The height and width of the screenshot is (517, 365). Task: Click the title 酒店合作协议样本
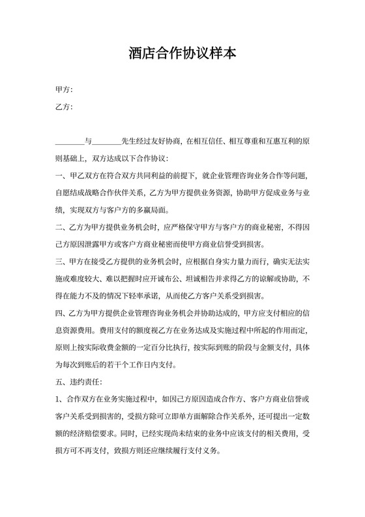click(182, 53)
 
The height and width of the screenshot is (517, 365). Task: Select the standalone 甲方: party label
click(63, 89)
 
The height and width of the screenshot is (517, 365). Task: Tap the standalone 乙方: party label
click(63, 107)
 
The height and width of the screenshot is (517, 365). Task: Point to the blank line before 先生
click(108, 141)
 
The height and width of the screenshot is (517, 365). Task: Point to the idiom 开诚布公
click(175, 279)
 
